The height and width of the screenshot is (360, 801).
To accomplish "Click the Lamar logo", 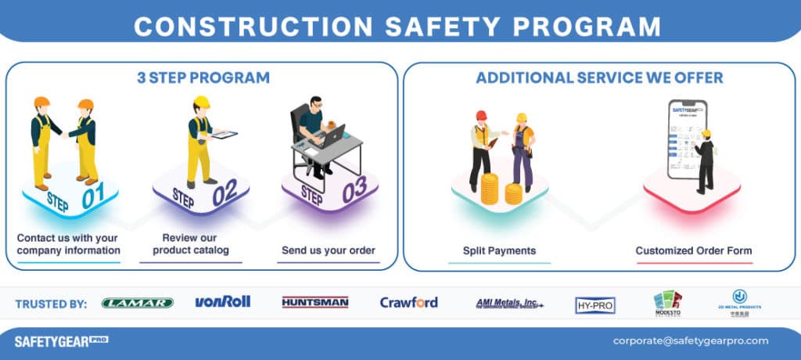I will pyautogui.click(x=138, y=303).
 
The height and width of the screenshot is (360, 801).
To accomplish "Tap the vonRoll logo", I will pyautogui.click(x=222, y=301).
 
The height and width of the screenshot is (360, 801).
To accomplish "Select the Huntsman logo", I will pyautogui.click(x=314, y=302).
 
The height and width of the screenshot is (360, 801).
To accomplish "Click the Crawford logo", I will pyautogui.click(x=408, y=302).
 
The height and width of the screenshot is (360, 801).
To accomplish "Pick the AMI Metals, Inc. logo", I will pyautogui.click(x=509, y=303).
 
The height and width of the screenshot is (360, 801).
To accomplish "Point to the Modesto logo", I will pyautogui.click(x=667, y=303).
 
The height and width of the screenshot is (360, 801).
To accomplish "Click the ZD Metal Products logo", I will pyautogui.click(x=739, y=301).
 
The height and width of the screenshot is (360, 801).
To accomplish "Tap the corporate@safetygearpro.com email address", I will pyautogui.click(x=691, y=340).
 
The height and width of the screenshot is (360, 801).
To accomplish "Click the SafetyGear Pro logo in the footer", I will pyautogui.click(x=61, y=340).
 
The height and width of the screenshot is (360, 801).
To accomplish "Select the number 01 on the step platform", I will pyautogui.click(x=93, y=199).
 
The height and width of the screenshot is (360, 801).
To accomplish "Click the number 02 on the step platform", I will pyautogui.click(x=224, y=193).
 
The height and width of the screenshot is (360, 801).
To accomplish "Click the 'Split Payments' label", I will pyautogui.click(x=498, y=251).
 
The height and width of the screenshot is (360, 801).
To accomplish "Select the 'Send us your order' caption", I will pyautogui.click(x=328, y=251).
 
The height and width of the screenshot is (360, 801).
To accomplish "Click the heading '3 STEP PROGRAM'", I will pyautogui.click(x=203, y=78).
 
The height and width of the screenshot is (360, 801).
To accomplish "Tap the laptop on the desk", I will pyautogui.click(x=332, y=135).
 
